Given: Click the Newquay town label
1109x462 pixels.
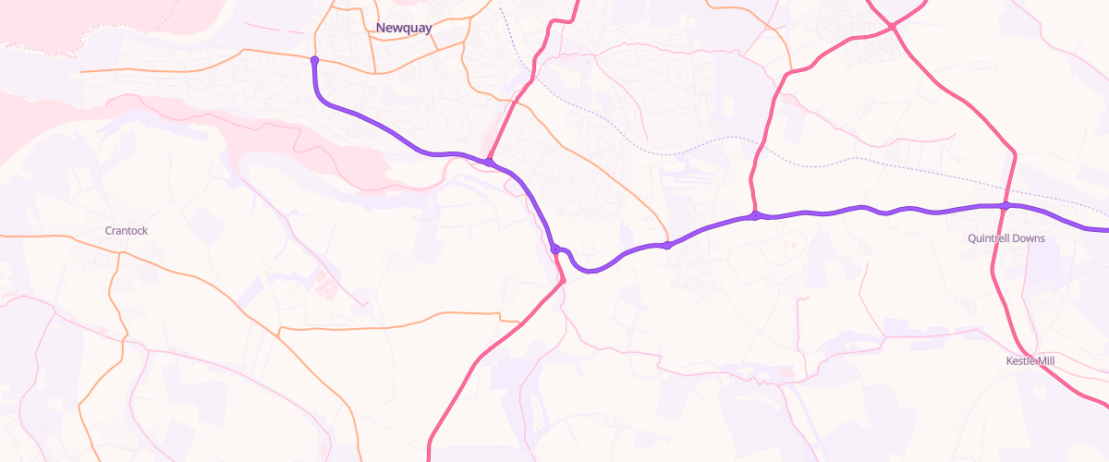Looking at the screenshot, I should click(404, 29).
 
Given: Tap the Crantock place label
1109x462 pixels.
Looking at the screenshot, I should click(126, 230).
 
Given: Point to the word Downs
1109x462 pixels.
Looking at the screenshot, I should click(1028, 238).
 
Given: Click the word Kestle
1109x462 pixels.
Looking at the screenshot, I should click(1021, 360).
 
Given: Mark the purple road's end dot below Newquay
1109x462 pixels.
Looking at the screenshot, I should click(314, 60).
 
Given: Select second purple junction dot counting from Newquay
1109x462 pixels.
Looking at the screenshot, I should click(488, 163).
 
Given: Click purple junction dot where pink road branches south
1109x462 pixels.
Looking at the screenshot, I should click(555, 249).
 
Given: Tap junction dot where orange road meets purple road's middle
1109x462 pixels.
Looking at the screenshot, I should click(666, 245).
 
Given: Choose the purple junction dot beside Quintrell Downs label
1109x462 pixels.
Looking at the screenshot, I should click(1005, 205).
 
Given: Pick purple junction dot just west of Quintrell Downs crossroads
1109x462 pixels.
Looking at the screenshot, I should click(755, 215).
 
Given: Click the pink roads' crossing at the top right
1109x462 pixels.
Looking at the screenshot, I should click(893, 28).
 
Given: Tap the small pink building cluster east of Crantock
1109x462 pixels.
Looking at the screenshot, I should click(326, 284).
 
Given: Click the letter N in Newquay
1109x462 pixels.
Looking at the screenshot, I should click(381, 29).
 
